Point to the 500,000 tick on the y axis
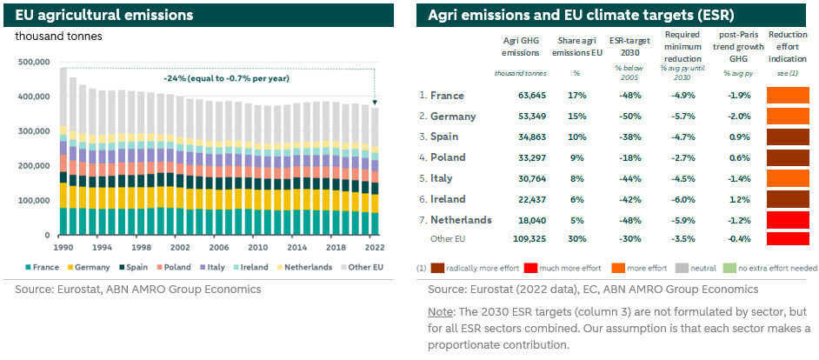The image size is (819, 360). (x=32, y=62)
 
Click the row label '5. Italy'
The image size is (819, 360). (x=441, y=178)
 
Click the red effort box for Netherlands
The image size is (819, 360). (x=787, y=220)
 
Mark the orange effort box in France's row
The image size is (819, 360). (x=787, y=95)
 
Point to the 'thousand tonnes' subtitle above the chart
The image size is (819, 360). (x=57, y=37)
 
